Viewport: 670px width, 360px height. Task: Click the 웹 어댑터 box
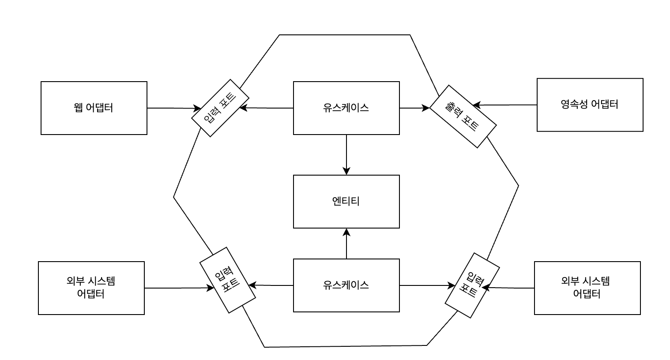[94, 108]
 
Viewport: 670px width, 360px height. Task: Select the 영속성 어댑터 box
[590, 105]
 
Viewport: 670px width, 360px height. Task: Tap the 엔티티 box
[346, 202]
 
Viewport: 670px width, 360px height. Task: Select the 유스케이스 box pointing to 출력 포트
[346, 108]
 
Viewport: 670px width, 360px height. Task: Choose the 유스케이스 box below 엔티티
[346, 285]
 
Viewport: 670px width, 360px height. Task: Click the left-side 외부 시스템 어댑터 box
[91, 288]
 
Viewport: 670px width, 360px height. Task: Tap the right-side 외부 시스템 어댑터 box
[587, 288]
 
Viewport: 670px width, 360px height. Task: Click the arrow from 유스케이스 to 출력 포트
[414, 107]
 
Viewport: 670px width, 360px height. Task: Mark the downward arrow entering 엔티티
[346, 154]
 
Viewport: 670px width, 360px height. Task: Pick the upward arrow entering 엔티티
[346, 244]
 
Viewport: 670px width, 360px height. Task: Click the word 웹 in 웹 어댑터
[79, 108]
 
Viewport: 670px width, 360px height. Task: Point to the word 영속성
[574, 105]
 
